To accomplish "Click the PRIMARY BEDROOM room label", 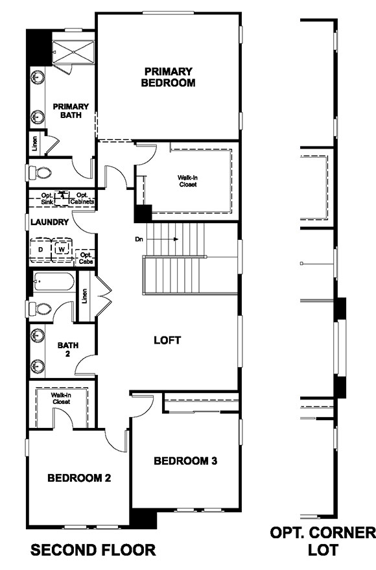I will (169, 77).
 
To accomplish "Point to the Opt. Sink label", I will (46, 199).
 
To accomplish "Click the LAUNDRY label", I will (49, 222).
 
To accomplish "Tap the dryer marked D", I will (40, 248).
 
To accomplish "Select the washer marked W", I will (62, 248).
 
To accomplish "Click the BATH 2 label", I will (67, 350).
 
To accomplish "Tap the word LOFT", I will (167, 340).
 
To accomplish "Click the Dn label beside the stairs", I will (139, 239).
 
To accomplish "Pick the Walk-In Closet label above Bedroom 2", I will (61, 398).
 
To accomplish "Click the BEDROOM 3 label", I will (185, 461).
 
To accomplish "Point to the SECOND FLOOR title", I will (93, 550).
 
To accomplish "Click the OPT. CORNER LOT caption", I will (322, 541).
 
